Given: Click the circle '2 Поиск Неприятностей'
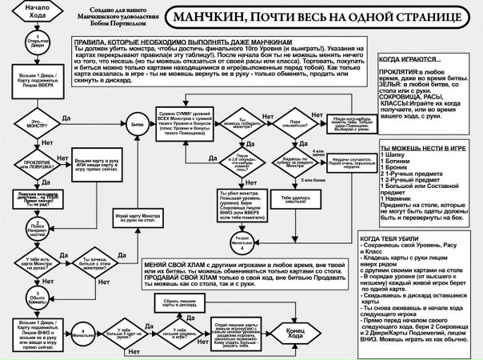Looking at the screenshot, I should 30,230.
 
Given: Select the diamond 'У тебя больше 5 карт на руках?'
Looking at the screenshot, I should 134,331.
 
